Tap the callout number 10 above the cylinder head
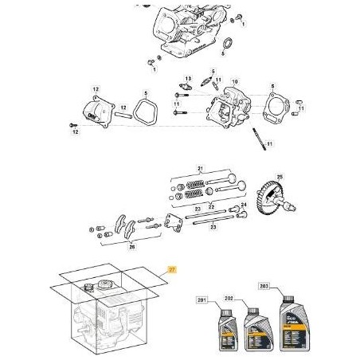[x=233, y=83]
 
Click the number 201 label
[x=202, y=299]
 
